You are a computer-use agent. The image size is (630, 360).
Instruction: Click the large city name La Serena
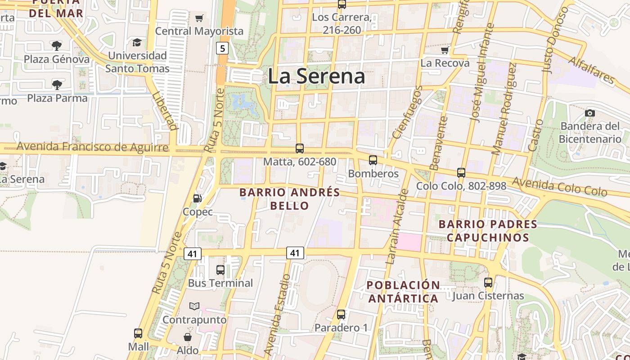tap(316, 76)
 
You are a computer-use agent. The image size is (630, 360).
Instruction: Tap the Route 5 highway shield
tap(222, 48)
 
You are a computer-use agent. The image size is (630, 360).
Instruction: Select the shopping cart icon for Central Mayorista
tap(199, 18)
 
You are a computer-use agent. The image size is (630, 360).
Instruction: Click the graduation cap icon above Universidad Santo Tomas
tap(137, 42)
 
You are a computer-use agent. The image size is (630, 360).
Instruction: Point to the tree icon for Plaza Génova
tap(57, 45)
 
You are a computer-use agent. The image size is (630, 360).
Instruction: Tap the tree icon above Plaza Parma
tap(57, 85)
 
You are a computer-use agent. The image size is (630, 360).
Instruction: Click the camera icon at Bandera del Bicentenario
tap(590, 113)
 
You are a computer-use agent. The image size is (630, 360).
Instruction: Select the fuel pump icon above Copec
tap(197, 198)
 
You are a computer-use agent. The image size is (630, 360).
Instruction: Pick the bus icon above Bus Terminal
tap(220, 270)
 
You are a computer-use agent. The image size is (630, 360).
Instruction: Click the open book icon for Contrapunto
tap(194, 306)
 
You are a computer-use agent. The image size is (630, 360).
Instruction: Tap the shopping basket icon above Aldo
tap(188, 337)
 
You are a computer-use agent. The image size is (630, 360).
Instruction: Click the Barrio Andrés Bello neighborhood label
tap(290, 199)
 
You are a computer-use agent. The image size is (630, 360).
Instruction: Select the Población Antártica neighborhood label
tap(403, 292)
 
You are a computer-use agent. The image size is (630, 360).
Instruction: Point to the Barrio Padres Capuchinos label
tap(488, 230)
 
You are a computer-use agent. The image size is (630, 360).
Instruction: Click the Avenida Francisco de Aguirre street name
tap(92, 147)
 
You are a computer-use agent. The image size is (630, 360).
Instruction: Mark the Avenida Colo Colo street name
tap(559, 186)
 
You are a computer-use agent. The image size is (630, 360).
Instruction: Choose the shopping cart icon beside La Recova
tap(445, 49)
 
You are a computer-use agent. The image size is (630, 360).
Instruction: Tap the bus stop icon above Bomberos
tap(373, 160)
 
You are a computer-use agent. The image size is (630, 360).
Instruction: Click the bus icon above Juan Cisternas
tap(488, 283)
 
